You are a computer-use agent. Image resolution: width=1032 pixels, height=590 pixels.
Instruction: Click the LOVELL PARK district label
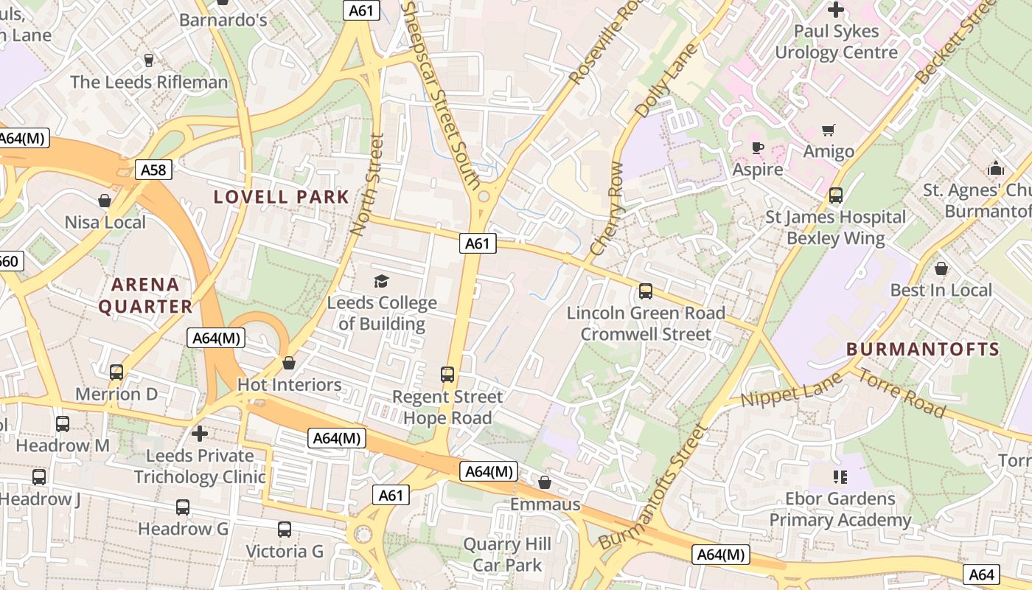[281, 197]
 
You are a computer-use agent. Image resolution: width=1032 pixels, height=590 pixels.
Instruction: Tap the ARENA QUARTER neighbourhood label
[145, 295]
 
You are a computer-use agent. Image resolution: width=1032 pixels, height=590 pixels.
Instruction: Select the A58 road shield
[153, 170]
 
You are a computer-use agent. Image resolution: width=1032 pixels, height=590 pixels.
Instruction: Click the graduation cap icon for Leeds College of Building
[381, 281]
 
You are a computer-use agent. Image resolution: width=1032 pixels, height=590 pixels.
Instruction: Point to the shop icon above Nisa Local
[105, 201]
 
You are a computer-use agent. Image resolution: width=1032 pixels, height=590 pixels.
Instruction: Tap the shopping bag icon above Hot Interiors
[289, 363]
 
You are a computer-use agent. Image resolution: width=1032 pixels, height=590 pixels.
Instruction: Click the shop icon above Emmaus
[545, 482]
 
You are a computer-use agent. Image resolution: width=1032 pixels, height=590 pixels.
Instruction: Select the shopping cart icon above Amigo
[829, 130]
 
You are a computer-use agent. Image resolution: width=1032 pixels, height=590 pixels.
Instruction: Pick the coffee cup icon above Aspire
[757, 147]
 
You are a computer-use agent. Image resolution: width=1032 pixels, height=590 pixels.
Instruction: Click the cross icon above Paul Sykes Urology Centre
[836, 10]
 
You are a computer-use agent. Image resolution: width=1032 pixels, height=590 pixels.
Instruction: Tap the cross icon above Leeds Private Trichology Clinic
[199, 434]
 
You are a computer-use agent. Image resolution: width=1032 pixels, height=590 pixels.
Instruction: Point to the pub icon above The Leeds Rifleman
[149, 60]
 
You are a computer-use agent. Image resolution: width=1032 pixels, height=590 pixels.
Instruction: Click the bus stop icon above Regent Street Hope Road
[447, 375]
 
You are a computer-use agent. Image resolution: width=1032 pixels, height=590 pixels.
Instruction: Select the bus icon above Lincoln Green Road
[646, 291]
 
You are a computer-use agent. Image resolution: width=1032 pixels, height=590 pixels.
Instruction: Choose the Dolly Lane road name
[666, 82]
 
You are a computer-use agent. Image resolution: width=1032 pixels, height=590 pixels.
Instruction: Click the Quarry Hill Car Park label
[507, 555]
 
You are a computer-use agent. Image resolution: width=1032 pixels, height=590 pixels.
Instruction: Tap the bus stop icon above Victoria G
[285, 530]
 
